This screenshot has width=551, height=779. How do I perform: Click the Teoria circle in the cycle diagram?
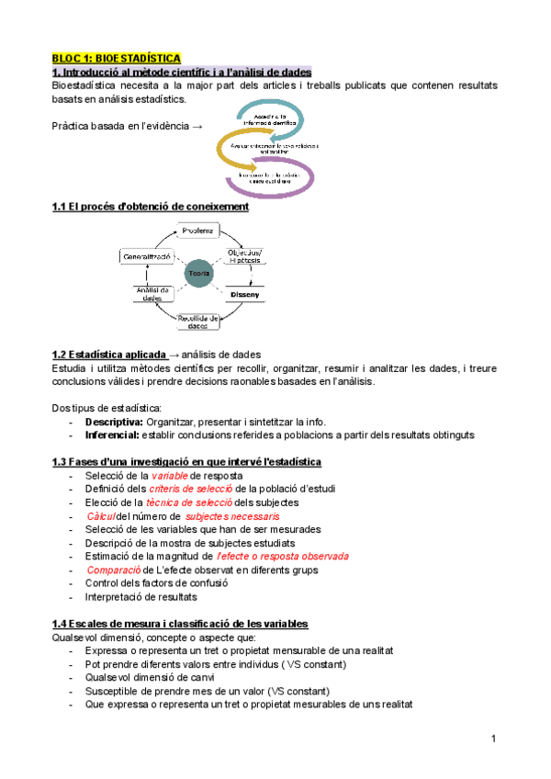tap(198, 274)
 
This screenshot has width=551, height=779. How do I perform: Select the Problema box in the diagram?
tap(197, 230)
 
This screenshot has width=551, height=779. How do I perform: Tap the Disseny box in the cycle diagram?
tap(245, 294)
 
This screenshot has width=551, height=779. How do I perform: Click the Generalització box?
tap(149, 258)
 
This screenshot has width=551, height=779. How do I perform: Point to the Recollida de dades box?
tap(198, 321)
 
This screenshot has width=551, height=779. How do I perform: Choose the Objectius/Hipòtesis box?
tap(244, 256)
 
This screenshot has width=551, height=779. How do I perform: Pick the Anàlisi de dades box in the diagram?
tap(147, 294)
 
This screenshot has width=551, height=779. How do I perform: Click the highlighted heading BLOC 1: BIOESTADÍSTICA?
tap(116, 58)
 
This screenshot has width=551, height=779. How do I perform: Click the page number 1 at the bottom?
tap(493, 739)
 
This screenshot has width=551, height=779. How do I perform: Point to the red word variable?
tap(171, 476)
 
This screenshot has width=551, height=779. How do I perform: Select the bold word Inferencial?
tap(113, 435)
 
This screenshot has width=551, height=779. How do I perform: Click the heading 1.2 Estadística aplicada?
tap(110, 354)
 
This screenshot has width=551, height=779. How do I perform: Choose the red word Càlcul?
tap(100, 516)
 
